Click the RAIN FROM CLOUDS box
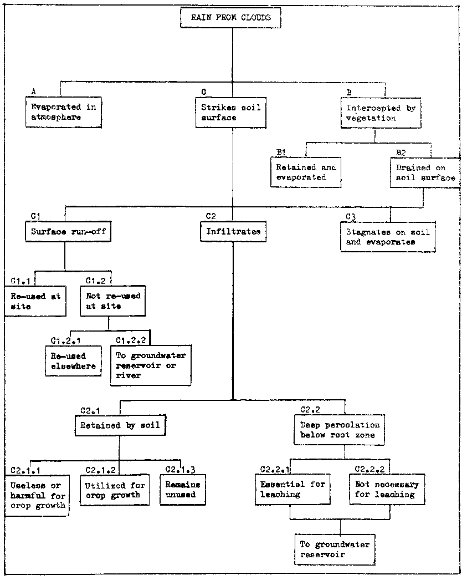[231, 18]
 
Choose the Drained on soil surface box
[425, 172]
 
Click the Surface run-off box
[65, 232]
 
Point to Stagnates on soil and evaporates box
[387, 237]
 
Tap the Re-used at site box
[35, 301]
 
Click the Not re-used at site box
[113, 301]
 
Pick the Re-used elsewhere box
[74, 361]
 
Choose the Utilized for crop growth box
[115, 490]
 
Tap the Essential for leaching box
[293, 489]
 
